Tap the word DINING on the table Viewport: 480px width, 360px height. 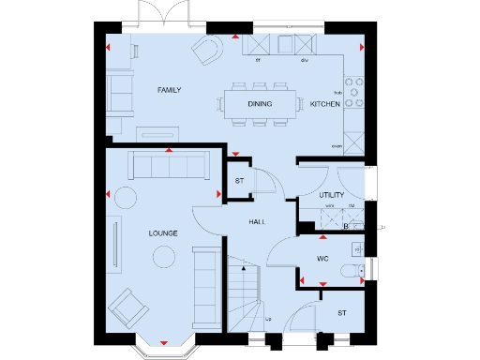(x=261, y=104)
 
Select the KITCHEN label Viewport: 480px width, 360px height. (x=325, y=104)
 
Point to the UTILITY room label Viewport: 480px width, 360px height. (x=333, y=195)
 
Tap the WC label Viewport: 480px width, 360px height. (x=322, y=256)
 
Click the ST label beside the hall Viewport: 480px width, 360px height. (x=239, y=182)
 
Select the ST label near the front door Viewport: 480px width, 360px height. (x=343, y=313)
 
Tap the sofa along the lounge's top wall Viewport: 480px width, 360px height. (x=169, y=167)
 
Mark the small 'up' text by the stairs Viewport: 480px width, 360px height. (x=270, y=319)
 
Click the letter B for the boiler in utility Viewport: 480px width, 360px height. (x=346, y=226)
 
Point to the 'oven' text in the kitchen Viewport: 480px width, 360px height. (x=336, y=146)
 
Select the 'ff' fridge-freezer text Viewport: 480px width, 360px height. (x=258, y=58)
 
